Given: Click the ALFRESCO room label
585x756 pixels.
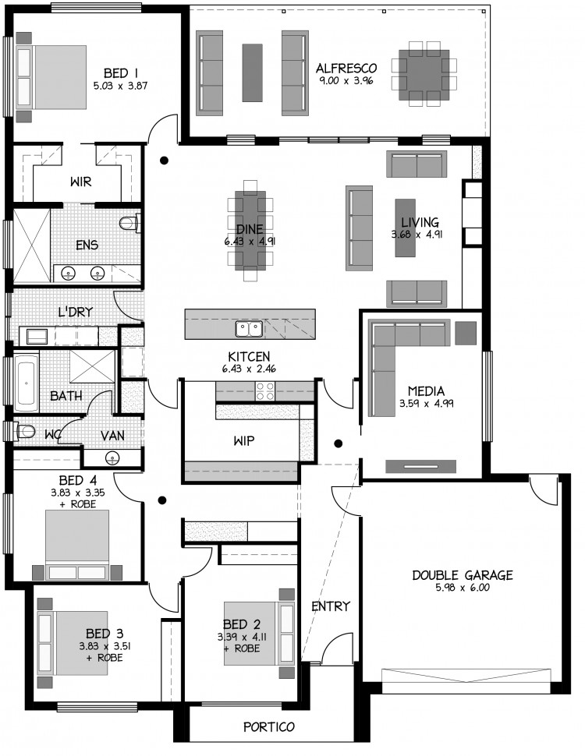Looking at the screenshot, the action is coord(346,68).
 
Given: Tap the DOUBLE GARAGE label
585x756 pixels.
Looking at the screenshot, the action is coord(463,574).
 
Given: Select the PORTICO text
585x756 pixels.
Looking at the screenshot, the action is coord(269,726).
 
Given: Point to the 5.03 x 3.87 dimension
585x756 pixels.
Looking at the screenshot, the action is coord(120,87).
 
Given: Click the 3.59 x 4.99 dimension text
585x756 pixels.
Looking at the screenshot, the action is coord(426,404).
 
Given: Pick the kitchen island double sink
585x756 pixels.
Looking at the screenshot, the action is coord(249,329).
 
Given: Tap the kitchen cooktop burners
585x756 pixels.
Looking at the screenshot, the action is coord(264,391).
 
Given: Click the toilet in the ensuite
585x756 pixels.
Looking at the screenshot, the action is coord(129,222).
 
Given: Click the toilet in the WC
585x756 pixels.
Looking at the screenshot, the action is coord(24,430).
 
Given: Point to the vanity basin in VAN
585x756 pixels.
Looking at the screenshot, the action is coord(113,457).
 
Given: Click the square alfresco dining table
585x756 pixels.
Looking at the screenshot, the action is coord(424,76).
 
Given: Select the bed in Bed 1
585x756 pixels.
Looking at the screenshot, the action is coord(52,77).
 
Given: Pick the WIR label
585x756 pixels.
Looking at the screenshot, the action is coord(80,182).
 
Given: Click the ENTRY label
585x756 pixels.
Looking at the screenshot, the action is coord(331,606).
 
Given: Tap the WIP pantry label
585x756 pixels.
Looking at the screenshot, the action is coord(243,440).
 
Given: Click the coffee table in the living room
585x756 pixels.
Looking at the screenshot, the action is coord(406,228).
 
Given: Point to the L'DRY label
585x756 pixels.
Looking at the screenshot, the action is coord(75,312).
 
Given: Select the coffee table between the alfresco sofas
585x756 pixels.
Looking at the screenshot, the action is coord(253,72).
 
